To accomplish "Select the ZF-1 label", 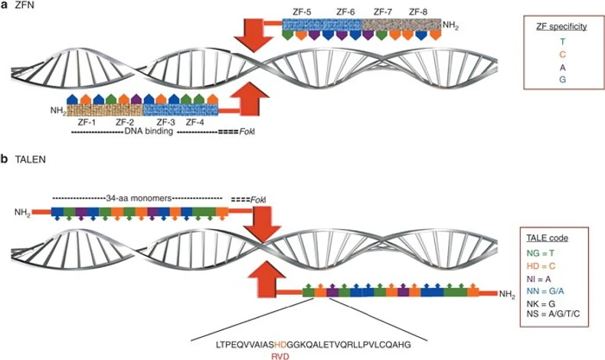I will [85, 121].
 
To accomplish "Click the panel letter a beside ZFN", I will [5, 6].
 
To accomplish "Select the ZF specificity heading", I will [561, 26].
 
